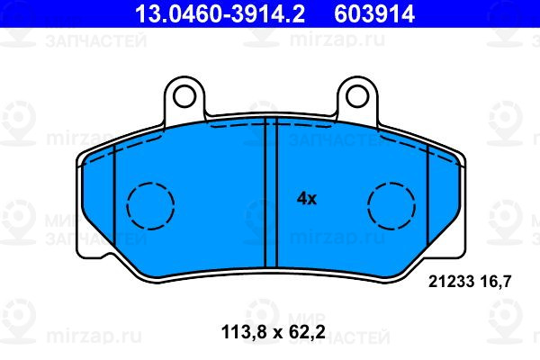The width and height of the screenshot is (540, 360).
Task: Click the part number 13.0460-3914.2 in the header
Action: [220, 13]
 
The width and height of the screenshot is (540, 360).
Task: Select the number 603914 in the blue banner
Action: [374, 13]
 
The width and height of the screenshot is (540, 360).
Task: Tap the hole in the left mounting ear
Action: [184, 96]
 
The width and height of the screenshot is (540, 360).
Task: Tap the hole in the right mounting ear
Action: [357, 96]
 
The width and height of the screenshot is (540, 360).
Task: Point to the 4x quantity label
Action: [307, 199]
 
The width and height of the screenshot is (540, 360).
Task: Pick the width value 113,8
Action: [245, 333]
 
